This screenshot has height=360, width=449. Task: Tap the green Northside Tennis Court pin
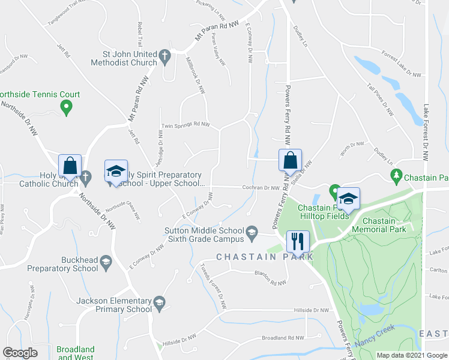tap(67, 108)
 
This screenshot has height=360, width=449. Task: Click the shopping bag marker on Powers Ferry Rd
tap(290, 160)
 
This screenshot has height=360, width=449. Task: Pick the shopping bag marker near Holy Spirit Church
tap(70, 166)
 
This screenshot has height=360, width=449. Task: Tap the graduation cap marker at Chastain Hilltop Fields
tap(348, 199)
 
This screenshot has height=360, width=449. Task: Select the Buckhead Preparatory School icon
tap(106, 262)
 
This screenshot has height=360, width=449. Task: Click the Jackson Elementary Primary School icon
tap(159, 302)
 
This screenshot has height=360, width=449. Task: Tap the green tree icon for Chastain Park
tap(396, 175)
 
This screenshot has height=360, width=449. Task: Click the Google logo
tap(20, 353)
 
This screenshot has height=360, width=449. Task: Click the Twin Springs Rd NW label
tap(185, 125)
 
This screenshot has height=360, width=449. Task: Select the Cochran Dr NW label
tap(264, 188)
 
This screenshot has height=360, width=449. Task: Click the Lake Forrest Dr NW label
tap(427, 133)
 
